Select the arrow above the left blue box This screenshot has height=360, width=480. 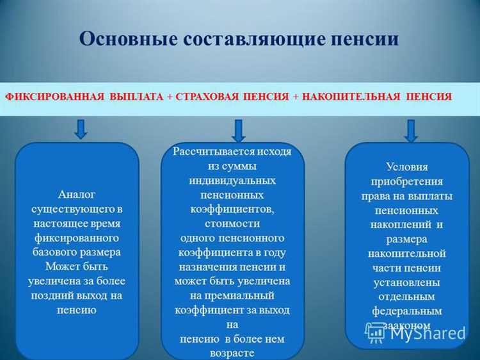point(81,128)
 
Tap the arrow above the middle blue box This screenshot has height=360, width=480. point(238,130)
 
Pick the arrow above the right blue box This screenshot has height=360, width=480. point(410,130)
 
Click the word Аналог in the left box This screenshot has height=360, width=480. point(76,195)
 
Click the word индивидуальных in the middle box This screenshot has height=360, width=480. point(232,180)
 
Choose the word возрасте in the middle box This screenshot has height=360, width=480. point(232,352)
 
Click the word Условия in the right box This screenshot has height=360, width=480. point(406,167)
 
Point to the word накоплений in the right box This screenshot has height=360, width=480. point(400,224)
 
